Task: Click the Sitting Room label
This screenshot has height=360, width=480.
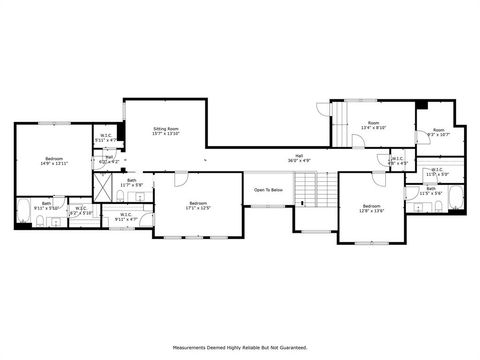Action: coord(166,131)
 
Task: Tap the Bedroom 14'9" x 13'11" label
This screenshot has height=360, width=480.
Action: coord(54,162)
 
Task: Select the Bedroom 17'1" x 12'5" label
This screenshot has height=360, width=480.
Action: coord(197,205)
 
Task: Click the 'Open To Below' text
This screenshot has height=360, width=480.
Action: coord(267,189)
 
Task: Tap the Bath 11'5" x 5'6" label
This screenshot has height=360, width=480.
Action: coord(431,190)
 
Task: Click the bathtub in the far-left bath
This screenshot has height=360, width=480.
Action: coord(26,212)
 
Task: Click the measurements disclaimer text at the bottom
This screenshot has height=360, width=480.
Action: coord(239,348)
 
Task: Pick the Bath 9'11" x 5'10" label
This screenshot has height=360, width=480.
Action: coord(47,205)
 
